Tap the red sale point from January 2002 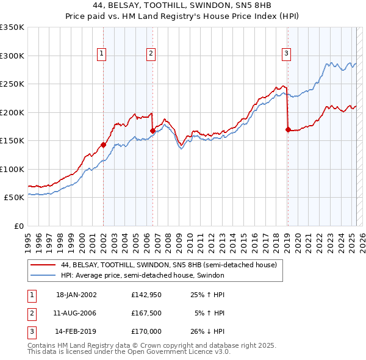tap(104, 145)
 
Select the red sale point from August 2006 tap(152, 131)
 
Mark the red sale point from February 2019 tap(287, 129)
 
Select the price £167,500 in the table tap(146, 314)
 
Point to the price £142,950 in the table tap(146, 295)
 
